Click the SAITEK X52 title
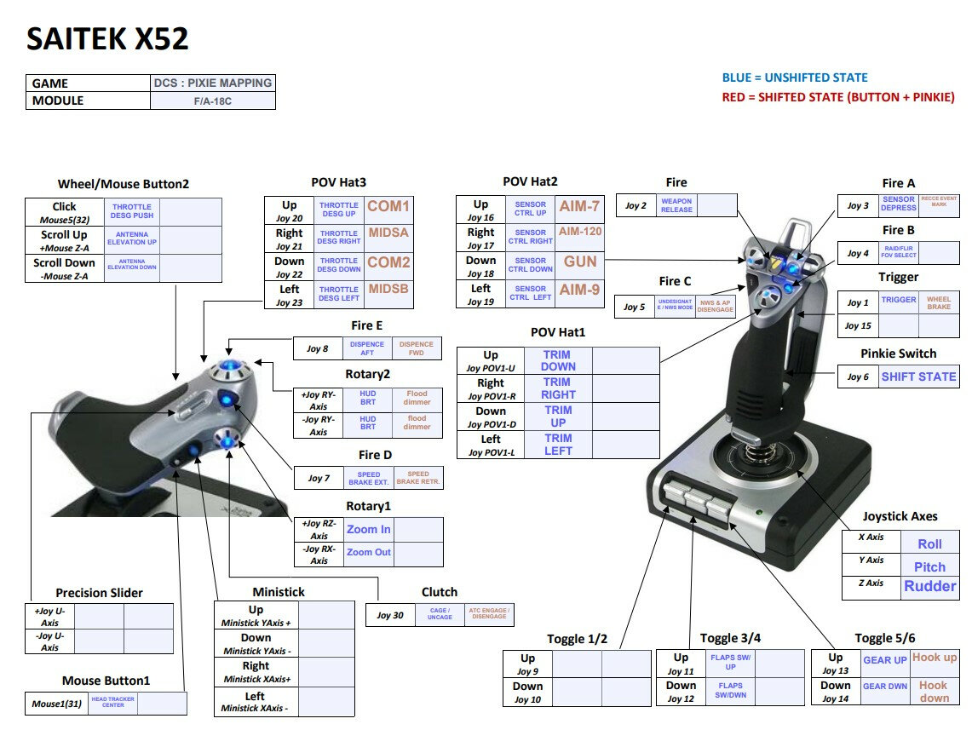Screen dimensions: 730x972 pyautogui.click(x=107, y=39)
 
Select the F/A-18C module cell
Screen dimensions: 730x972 pyautogui.click(x=212, y=101)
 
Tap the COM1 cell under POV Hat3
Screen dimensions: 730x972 pyautogui.click(x=388, y=206)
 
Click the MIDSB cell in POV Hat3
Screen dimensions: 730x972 pyautogui.click(x=388, y=290)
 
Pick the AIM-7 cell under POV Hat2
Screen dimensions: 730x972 pyautogui.click(x=579, y=206)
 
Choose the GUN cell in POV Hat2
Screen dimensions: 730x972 pyautogui.click(x=579, y=262)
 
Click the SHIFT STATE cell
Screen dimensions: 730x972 pyautogui.click(x=918, y=376)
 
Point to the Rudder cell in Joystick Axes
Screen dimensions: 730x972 pyautogui.click(x=929, y=586)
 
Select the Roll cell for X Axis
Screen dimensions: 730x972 pyautogui.click(x=929, y=543)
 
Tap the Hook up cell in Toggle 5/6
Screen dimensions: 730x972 pyautogui.click(x=935, y=658)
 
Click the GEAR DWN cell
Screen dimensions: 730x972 pyautogui.click(x=885, y=686)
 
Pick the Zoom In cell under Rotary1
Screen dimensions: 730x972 pyautogui.click(x=368, y=529)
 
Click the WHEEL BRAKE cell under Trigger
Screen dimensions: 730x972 pyautogui.click(x=939, y=303)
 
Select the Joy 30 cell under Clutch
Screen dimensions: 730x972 pyautogui.click(x=390, y=615)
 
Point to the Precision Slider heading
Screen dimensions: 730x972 pyautogui.click(x=99, y=593)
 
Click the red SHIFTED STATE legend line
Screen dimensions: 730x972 pyautogui.click(x=838, y=97)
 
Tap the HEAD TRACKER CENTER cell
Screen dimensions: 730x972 pyautogui.click(x=112, y=702)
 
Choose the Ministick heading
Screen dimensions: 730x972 pyautogui.click(x=279, y=592)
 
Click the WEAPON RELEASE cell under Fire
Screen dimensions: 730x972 pyautogui.click(x=676, y=205)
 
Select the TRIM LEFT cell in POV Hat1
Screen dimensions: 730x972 pyautogui.click(x=558, y=445)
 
